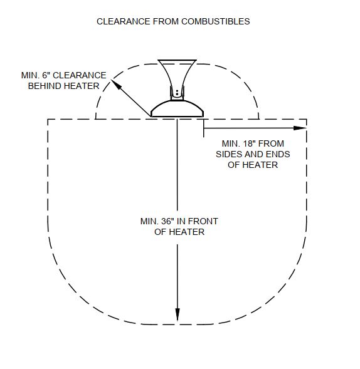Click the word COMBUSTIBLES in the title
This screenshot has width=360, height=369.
(215, 21)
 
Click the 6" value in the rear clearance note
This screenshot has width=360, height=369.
(46, 75)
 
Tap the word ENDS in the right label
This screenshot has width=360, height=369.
(278, 154)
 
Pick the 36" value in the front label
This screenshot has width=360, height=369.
(167, 221)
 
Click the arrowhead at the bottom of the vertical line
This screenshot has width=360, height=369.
(177, 314)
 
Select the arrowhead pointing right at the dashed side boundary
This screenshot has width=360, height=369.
(300, 128)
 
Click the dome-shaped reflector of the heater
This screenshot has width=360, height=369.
(177, 108)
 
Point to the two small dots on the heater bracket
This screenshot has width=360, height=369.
(177, 92)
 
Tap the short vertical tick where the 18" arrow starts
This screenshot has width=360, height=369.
(204, 128)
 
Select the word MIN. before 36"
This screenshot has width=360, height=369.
(149, 221)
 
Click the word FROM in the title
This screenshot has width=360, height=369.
(166, 21)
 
